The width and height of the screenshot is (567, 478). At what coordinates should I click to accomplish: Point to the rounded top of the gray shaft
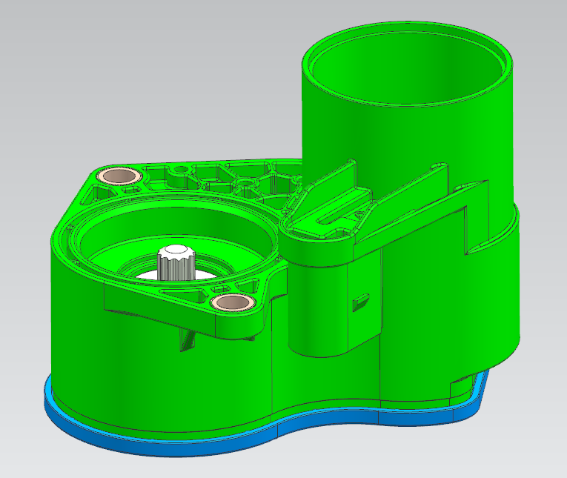176,250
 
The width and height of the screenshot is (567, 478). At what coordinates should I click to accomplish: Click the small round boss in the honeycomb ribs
242,181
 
